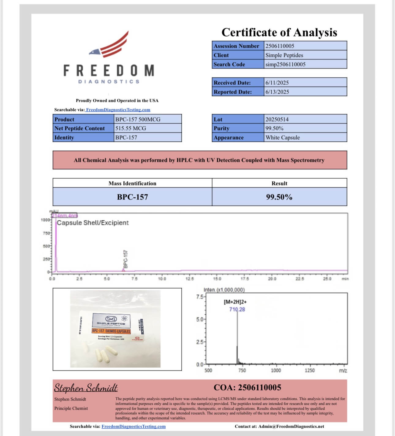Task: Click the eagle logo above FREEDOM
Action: pos(110,45)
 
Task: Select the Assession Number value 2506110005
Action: pos(280,46)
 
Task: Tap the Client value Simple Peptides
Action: pos(284,55)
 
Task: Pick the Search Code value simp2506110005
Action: pos(285,64)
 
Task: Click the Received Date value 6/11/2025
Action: pos(277,83)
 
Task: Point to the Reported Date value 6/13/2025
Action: pos(277,92)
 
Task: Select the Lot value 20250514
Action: pos(277,119)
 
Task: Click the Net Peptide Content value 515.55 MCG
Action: pos(130,128)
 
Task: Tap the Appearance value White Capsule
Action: pos(282,137)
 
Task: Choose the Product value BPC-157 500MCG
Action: pos(137,119)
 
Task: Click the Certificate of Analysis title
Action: pos(279,32)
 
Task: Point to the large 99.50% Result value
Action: pos(279,197)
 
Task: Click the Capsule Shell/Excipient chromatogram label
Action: pos(92,223)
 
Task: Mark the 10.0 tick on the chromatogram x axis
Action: pos(162,279)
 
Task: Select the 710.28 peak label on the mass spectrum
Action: pos(237,309)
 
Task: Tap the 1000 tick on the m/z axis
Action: pos(276,371)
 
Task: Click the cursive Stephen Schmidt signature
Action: pos(86,388)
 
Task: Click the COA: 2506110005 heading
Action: pos(247,387)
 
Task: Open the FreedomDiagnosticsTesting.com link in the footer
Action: pos(134,427)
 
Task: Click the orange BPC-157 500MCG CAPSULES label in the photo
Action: pos(111,331)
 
